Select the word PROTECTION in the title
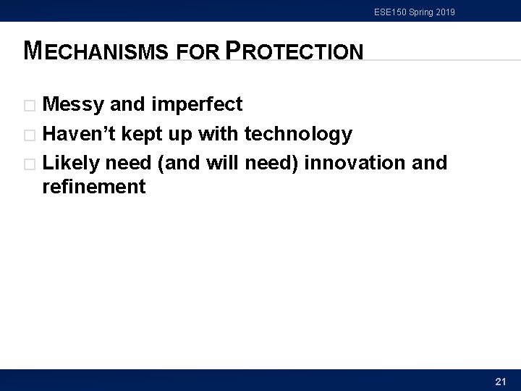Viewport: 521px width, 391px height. [x=295, y=51]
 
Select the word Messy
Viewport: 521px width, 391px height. [x=75, y=105]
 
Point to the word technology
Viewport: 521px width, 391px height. [x=299, y=134]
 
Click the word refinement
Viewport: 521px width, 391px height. [x=94, y=188]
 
